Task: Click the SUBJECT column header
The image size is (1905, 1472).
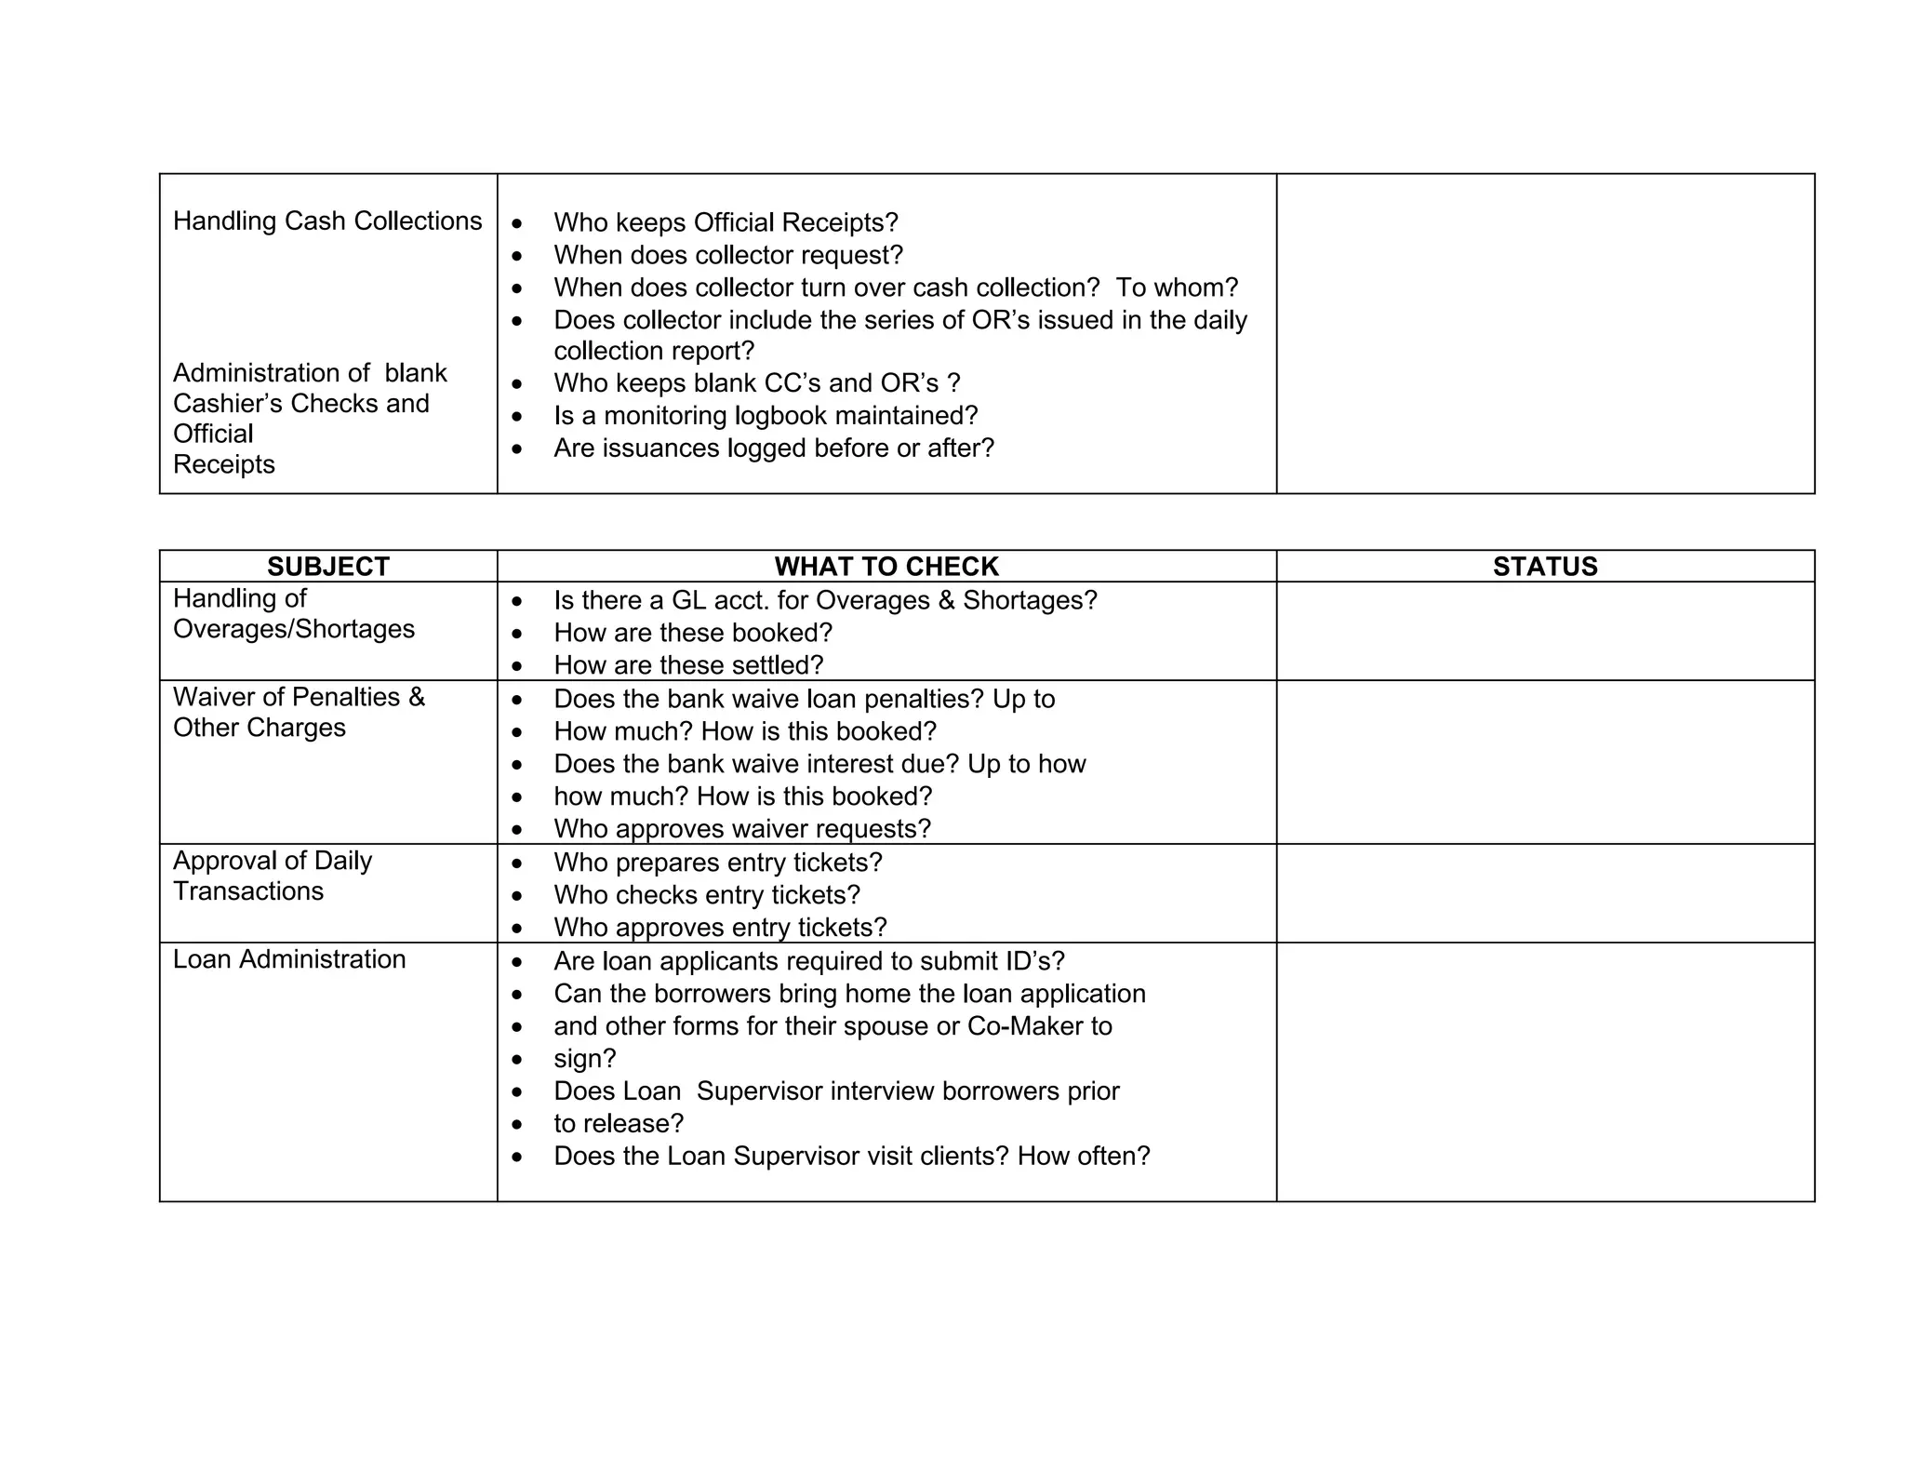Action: (327, 567)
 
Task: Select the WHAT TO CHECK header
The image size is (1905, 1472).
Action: (886, 567)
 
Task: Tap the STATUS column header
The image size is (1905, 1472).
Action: (1544, 567)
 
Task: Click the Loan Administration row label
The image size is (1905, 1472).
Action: (289, 959)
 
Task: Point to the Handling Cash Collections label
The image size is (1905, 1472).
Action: (327, 221)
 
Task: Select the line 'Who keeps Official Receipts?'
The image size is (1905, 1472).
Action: (726, 223)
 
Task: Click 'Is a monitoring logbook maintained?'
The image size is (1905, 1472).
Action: (766, 416)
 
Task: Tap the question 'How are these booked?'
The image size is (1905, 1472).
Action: (692, 634)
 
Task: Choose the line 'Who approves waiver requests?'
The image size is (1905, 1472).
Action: (741, 829)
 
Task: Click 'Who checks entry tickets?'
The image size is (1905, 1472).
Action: (707, 895)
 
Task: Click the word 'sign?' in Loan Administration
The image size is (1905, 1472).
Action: (585, 1059)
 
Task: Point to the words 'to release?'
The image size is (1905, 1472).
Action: (619, 1124)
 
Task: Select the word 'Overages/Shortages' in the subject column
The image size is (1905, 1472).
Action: (294, 629)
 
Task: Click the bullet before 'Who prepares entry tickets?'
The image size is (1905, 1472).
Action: (517, 863)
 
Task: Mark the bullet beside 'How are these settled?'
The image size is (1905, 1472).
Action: (517, 666)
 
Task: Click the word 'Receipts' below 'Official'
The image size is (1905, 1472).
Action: (224, 464)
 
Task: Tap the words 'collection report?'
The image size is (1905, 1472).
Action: (654, 351)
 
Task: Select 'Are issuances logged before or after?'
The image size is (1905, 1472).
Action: (774, 448)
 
